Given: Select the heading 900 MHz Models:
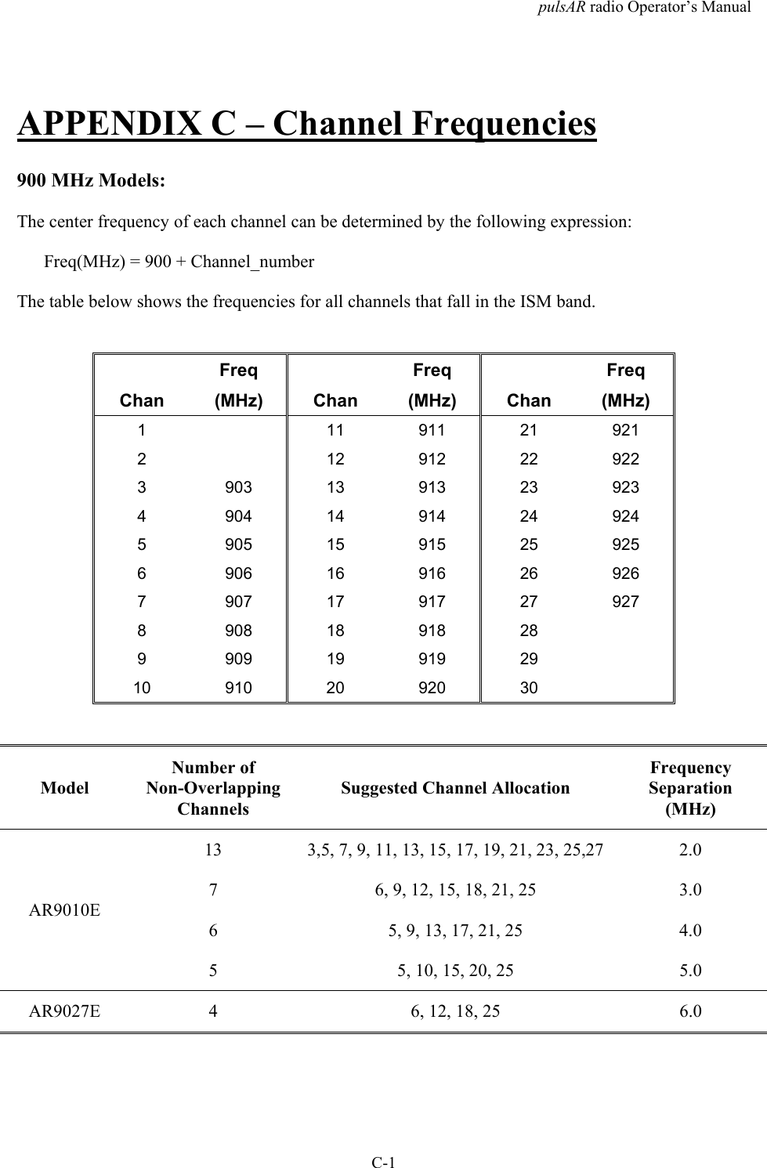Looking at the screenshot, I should [91, 180].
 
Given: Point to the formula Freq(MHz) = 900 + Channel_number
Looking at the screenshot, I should [179, 262].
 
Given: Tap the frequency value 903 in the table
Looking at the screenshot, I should [238, 487].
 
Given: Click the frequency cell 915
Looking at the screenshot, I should [432, 544].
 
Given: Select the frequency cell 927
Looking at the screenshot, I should [625, 602].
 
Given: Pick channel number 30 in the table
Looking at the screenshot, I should [529, 688].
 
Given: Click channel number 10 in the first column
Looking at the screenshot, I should [142, 688].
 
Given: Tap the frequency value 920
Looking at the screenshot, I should [432, 688].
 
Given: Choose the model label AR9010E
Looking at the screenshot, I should [64, 911].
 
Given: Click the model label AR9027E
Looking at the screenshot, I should [64, 1011].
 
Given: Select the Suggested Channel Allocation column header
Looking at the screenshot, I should [455, 788].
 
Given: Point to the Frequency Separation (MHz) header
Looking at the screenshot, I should [689, 788].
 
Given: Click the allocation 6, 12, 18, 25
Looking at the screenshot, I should [455, 1011].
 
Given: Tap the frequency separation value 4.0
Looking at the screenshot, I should [689, 931].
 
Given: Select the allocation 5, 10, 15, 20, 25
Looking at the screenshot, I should [455, 971].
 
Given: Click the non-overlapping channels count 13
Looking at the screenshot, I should [212, 849].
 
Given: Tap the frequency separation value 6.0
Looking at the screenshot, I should [689, 1011].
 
